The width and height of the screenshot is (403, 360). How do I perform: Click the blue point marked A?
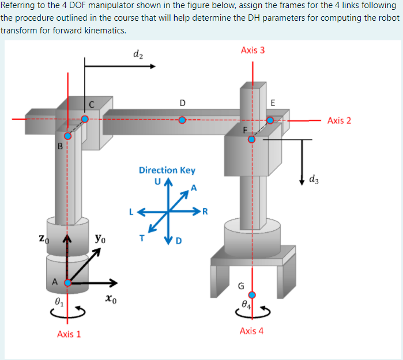(68, 283)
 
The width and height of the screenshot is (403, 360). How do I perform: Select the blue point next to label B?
(68, 137)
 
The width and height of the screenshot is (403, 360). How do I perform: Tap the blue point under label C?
(85, 119)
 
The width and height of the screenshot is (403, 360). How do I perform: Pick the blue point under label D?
(182, 120)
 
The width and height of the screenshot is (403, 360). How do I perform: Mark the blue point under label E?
(270, 120)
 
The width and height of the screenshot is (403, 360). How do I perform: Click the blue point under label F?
(251, 139)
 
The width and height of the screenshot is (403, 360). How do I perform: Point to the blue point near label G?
(251, 295)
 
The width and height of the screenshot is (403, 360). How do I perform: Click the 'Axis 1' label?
(69, 334)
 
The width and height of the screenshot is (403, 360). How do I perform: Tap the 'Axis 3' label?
(253, 50)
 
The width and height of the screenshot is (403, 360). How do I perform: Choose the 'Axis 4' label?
(252, 331)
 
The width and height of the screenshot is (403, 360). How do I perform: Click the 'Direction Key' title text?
(167, 170)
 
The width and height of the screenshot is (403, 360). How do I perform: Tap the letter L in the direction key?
(131, 211)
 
